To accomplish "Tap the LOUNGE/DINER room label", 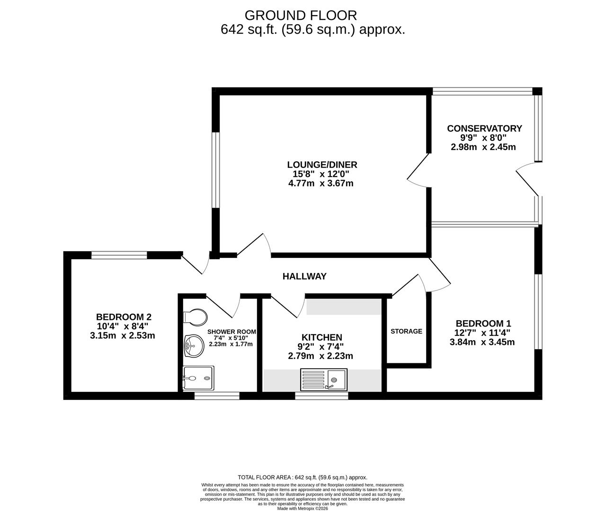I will (x=322, y=165).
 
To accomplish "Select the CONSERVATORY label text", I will (x=484, y=128).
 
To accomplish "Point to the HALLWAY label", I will (x=304, y=276).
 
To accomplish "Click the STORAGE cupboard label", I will (x=406, y=331).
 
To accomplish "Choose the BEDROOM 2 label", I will (x=124, y=317).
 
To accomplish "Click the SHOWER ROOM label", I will (x=231, y=332).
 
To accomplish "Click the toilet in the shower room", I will (x=195, y=317).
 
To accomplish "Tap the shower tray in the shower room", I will (x=198, y=379).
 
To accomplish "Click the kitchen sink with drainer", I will (x=324, y=380).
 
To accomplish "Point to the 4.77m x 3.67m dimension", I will (x=321, y=183).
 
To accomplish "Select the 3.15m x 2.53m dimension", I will (x=122, y=335).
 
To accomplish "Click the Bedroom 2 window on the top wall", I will (x=119, y=255).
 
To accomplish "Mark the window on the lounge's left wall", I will (x=216, y=170).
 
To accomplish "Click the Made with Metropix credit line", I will (x=302, y=508).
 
